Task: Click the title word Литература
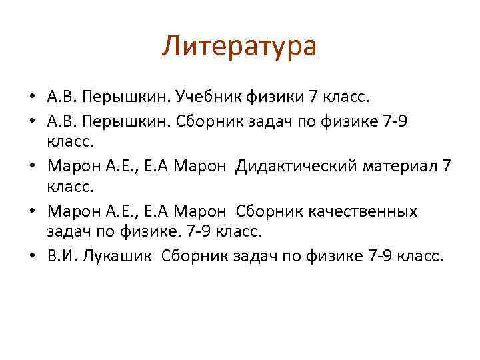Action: (x=239, y=47)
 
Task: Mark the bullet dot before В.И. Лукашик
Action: (x=31, y=258)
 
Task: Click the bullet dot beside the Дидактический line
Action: (x=31, y=165)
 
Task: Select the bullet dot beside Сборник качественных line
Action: (x=31, y=212)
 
